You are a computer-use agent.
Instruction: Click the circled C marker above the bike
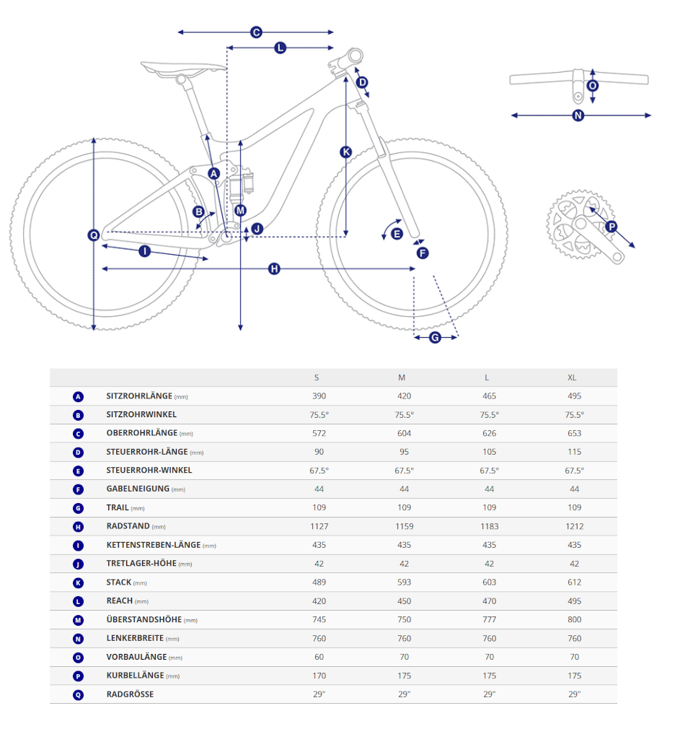coord(256,32)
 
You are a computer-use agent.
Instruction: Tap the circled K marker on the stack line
coord(346,152)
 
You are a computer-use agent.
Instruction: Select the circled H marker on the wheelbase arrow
coord(274,269)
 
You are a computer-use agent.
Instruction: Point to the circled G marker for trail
coord(435,337)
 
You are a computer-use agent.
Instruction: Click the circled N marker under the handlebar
coord(578,115)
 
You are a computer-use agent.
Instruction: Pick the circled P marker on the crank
coord(612,227)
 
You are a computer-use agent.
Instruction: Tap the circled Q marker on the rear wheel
coord(94,235)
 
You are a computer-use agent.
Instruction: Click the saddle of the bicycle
coord(183,69)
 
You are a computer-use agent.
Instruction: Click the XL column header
coord(572,377)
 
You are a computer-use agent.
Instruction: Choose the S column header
coord(317,377)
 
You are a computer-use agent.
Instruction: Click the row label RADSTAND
coord(128,526)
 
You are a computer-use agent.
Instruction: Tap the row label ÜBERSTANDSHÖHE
coord(144,619)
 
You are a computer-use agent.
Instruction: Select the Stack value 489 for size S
coord(319,582)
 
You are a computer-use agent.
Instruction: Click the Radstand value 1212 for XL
coord(574,526)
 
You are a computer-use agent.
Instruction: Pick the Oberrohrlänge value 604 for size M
coord(404,433)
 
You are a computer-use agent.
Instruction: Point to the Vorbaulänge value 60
coord(319,657)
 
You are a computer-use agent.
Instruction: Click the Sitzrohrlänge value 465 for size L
coord(489,396)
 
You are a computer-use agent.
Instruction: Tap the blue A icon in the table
coord(79,396)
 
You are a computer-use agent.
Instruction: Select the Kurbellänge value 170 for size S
coord(319,676)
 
